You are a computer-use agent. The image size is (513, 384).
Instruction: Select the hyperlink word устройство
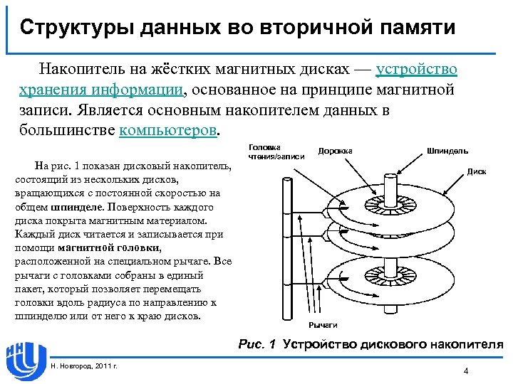click(x=417, y=70)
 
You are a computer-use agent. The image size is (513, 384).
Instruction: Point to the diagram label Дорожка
click(x=335, y=151)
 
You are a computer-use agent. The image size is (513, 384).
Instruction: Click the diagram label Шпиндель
click(x=447, y=151)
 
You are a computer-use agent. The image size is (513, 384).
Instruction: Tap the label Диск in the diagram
click(x=477, y=171)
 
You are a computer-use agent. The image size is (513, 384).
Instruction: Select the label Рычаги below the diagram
click(x=323, y=324)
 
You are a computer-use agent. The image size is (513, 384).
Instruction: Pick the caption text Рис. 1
click(x=257, y=344)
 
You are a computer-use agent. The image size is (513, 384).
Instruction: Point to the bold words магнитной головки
click(x=109, y=247)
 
